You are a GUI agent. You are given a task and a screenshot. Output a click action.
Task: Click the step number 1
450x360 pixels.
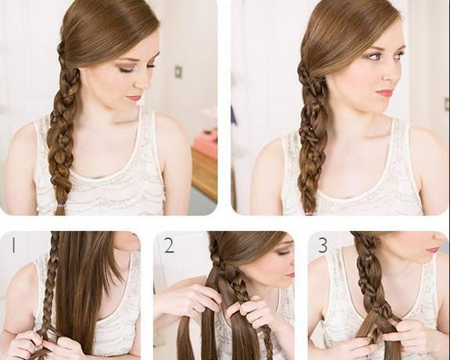(x=13, y=245)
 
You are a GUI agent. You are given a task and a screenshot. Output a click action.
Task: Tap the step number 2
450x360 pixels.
(x=169, y=245)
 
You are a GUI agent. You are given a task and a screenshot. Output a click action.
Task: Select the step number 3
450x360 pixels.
(x=323, y=245)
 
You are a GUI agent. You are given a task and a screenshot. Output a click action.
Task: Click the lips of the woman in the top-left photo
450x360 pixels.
(x=134, y=98)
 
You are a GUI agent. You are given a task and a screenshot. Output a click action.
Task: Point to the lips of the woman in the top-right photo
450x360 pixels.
(x=384, y=93)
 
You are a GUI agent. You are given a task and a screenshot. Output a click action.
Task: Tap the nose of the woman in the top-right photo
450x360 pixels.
(x=391, y=75)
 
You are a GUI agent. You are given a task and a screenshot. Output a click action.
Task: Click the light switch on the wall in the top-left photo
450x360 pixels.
(x=178, y=71)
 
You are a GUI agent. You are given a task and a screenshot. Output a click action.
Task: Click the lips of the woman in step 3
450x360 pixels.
(x=432, y=250)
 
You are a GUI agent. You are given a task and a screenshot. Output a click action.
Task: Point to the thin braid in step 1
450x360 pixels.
(x=48, y=284)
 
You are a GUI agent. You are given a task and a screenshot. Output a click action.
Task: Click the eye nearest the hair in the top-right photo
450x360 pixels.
(x=374, y=57)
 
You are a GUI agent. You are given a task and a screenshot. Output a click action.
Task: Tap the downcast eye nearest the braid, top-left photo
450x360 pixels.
(x=125, y=70)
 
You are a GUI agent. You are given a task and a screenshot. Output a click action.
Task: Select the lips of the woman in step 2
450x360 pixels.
(x=290, y=275)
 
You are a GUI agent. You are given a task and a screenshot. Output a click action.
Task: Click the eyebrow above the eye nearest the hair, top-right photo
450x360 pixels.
(x=373, y=49)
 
